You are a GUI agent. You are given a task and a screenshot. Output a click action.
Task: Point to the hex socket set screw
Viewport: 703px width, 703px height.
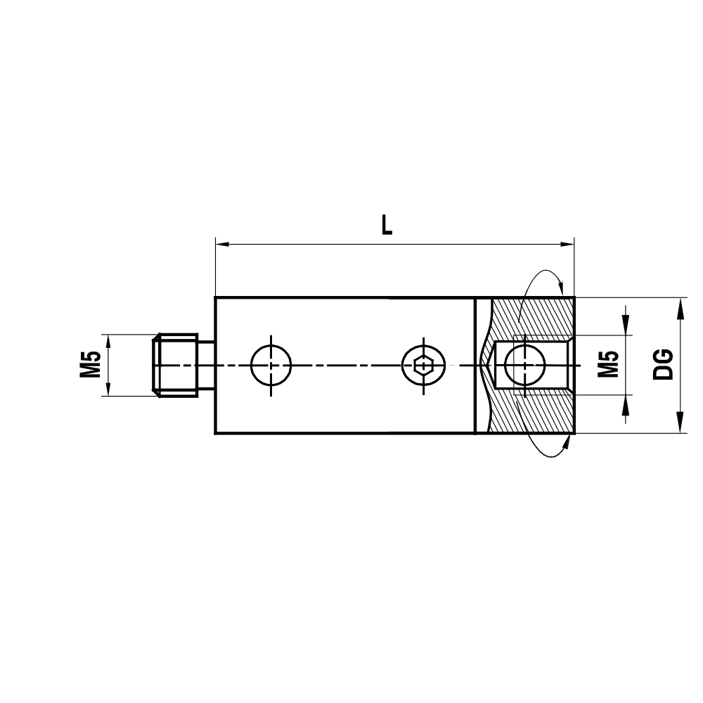coord(423,365)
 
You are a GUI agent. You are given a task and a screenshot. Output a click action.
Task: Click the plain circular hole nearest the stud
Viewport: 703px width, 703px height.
coord(271,365)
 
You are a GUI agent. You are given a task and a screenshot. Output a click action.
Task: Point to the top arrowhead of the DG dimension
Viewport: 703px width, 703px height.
coord(681,304)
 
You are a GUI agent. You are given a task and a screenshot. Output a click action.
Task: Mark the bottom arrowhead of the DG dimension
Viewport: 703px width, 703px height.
coord(681,426)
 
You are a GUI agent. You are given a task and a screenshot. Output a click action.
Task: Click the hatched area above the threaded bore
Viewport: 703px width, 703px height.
coord(534,316)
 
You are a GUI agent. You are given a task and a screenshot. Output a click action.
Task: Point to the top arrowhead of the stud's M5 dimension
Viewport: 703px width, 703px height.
coord(108,340)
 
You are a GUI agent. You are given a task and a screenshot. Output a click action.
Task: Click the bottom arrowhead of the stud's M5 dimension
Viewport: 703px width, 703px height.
coord(108,389)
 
